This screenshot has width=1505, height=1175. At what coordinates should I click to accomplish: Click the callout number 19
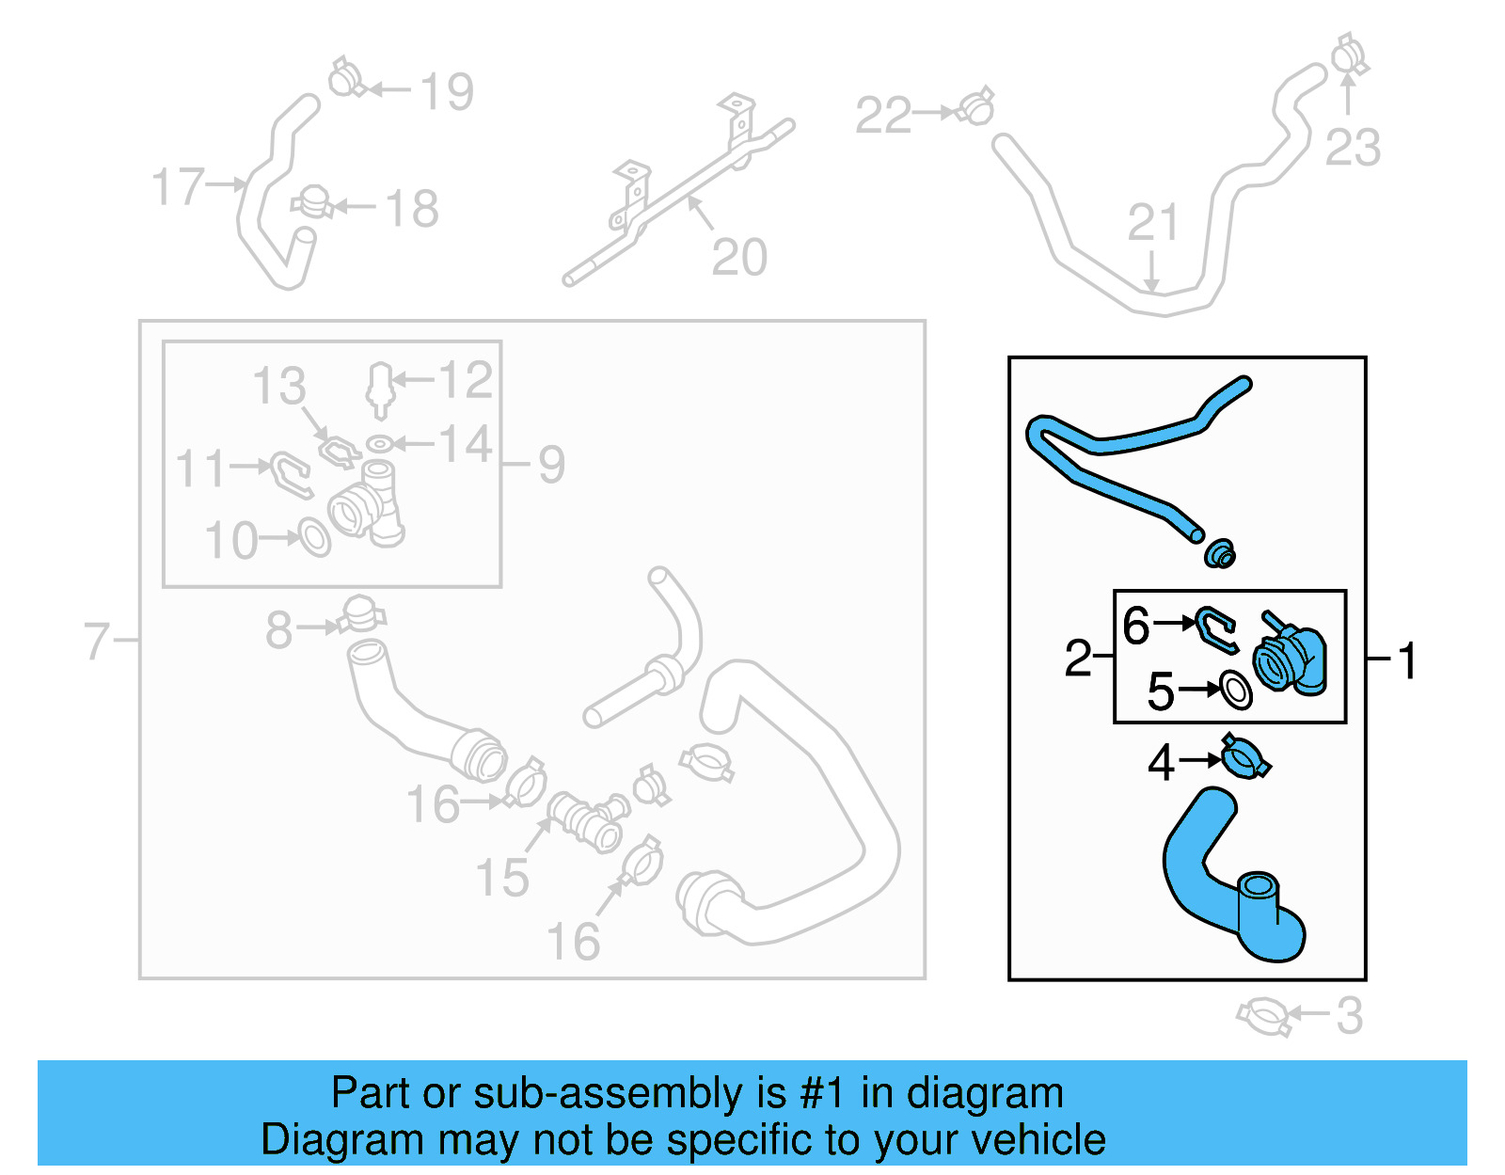tap(447, 91)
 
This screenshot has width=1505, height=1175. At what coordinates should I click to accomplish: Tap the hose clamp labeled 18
tap(311, 202)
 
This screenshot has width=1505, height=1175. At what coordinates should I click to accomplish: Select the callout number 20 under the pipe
tap(739, 257)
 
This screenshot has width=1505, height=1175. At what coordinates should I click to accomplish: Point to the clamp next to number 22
tap(977, 108)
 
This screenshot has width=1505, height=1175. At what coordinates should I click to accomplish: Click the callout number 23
tap(1353, 148)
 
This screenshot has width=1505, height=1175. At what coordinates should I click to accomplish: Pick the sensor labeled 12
tap(379, 388)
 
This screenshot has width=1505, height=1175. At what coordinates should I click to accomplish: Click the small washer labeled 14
tap(378, 444)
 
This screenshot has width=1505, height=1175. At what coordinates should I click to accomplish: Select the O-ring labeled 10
tap(314, 537)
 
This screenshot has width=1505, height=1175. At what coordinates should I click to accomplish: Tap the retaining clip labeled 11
tap(291, 473)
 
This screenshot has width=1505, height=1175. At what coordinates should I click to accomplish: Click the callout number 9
tap(552, 464)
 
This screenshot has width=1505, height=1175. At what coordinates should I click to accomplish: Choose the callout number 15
tap(502, 877)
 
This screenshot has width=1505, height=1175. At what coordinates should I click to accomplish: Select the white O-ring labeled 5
tap(1235, 690)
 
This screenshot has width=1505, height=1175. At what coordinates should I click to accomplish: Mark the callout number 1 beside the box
tap(1407, 660)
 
